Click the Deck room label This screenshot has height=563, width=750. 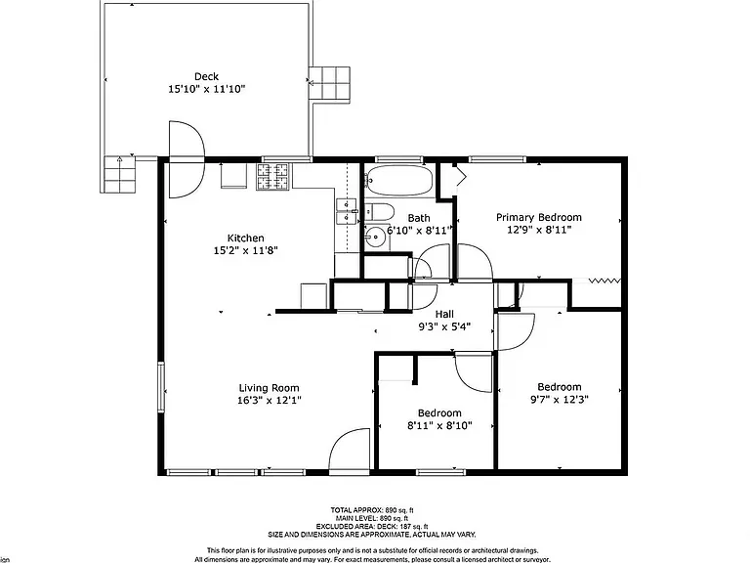pos(207,76)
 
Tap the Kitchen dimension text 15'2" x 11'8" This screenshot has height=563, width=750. pos(246,250)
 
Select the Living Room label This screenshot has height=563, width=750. pos(269,388)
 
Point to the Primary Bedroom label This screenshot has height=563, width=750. pos(539,218)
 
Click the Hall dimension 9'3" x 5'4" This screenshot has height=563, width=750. pos(445,327)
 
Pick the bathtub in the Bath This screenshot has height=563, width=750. pos(399,181)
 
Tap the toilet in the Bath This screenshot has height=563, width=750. pos(379,211)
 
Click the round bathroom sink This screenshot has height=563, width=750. pos(376,237)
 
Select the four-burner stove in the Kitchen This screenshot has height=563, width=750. pos(273,177)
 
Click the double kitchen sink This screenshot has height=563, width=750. pos(347,211)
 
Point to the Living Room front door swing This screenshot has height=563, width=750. pos(350,449)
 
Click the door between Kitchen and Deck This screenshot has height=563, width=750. pos(187,159)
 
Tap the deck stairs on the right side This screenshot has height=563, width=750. pos(329,84)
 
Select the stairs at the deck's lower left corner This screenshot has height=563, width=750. pos(119,174)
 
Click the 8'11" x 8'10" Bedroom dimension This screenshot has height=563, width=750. pos(439,425)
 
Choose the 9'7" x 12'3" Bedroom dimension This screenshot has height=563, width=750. pos(560,399)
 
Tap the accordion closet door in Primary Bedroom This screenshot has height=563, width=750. pos(604,281)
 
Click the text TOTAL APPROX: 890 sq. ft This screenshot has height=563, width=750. pos(372,510)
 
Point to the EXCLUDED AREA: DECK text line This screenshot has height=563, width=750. pos(372,527)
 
